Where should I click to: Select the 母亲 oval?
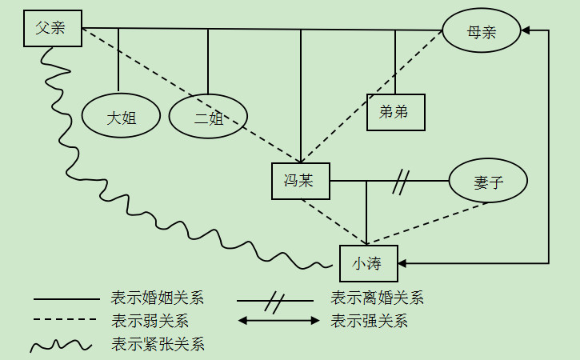tap(482, 33)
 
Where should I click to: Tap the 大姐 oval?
tap(121, 117)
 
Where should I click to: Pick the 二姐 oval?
tap(208, 118)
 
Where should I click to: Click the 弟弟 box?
tap(395, 112)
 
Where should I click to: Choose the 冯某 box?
tap(300, 181)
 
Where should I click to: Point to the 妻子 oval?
tap(488, 182)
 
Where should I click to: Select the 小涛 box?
tap(368, 263)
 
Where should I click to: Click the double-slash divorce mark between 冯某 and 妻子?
tap(401, 182)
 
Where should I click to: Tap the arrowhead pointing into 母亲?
tap(526, 31)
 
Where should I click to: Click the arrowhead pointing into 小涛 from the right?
tap(404, 263)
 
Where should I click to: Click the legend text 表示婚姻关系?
tap(158, 298)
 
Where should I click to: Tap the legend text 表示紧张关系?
tap(158, 345)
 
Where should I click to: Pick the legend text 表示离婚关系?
tap(377, 298)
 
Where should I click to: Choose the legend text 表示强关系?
tap(369, 322)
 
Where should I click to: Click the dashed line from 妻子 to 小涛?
tap(432, 222)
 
